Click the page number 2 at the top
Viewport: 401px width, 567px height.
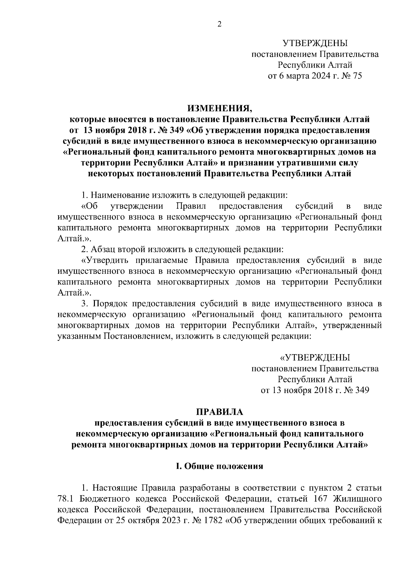[x=220, y=24]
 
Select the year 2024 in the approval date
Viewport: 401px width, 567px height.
[x=312, y=76]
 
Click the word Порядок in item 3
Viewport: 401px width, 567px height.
[x=110, y=304]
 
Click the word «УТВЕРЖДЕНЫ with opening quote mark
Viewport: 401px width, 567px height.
[x=315, y=358]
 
